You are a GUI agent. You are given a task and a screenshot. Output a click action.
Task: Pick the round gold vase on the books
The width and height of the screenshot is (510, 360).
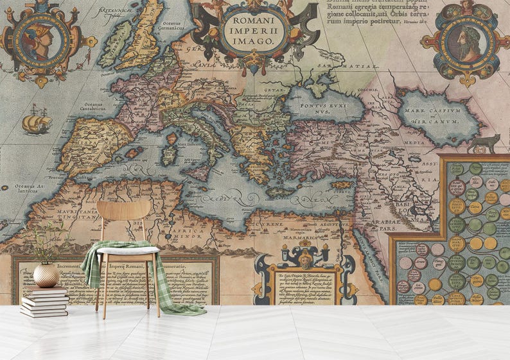(46, 275)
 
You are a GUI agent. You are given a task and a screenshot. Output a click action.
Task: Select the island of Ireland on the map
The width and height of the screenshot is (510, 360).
(116, 44)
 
